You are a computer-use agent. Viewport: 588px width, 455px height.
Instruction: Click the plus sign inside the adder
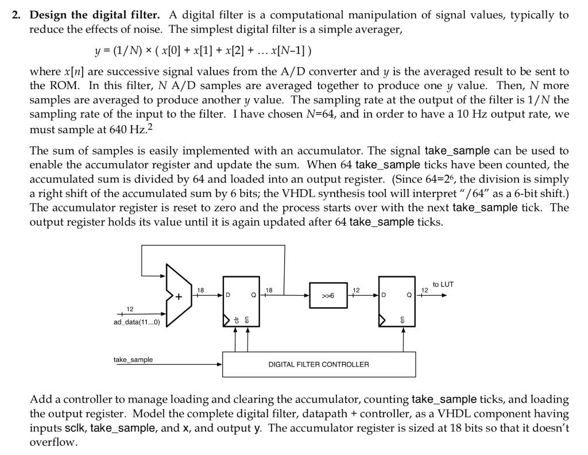point(179,297)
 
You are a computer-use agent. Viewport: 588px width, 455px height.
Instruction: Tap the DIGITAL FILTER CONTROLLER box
point(318,364)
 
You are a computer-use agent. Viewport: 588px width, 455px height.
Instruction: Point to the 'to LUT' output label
point(443,284)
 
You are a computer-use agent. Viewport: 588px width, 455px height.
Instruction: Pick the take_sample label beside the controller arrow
point(133,360)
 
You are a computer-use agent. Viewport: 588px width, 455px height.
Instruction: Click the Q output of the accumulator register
point(253,296)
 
